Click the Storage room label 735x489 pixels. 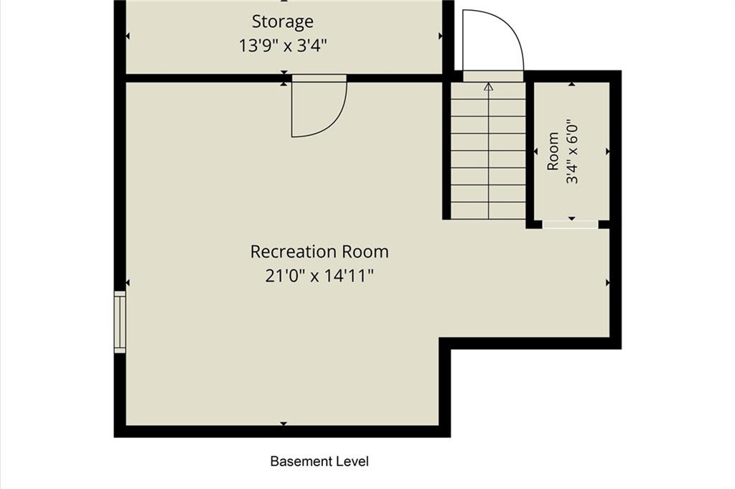click(283, 22)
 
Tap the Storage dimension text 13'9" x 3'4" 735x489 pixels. click(283, 46)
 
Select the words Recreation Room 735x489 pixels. click(319, 252)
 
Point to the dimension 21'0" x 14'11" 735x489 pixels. click(319, 276)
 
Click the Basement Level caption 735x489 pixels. click(319, 461)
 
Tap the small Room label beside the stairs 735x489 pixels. click(553, 152)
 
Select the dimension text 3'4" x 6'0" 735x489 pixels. click(572, 154)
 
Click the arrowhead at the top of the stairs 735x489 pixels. click(489, 87)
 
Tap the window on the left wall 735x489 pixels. click(121, 322)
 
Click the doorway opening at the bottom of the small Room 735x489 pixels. click(571, 225)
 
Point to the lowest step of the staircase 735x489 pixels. click(489, 211)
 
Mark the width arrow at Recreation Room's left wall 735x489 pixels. click(128, 283)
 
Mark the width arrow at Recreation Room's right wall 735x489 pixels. click(608, 283)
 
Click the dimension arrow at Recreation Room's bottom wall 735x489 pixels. click(284, 424)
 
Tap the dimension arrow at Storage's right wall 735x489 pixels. click(440, 36)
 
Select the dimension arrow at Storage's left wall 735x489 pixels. click(128, 36)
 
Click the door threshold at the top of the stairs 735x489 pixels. click(493, 76)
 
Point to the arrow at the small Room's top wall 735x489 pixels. click(572, 84)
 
